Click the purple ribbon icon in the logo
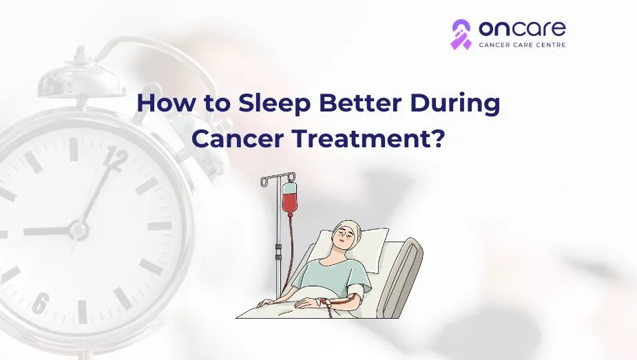coord(461,34)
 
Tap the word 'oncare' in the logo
coord(522,28)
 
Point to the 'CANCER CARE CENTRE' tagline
coord(523,45)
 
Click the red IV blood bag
coord(289,199)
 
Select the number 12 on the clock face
coord(116,159)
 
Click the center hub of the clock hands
coord(78,231)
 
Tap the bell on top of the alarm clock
coord(82,76)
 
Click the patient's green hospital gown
coord(333,275)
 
